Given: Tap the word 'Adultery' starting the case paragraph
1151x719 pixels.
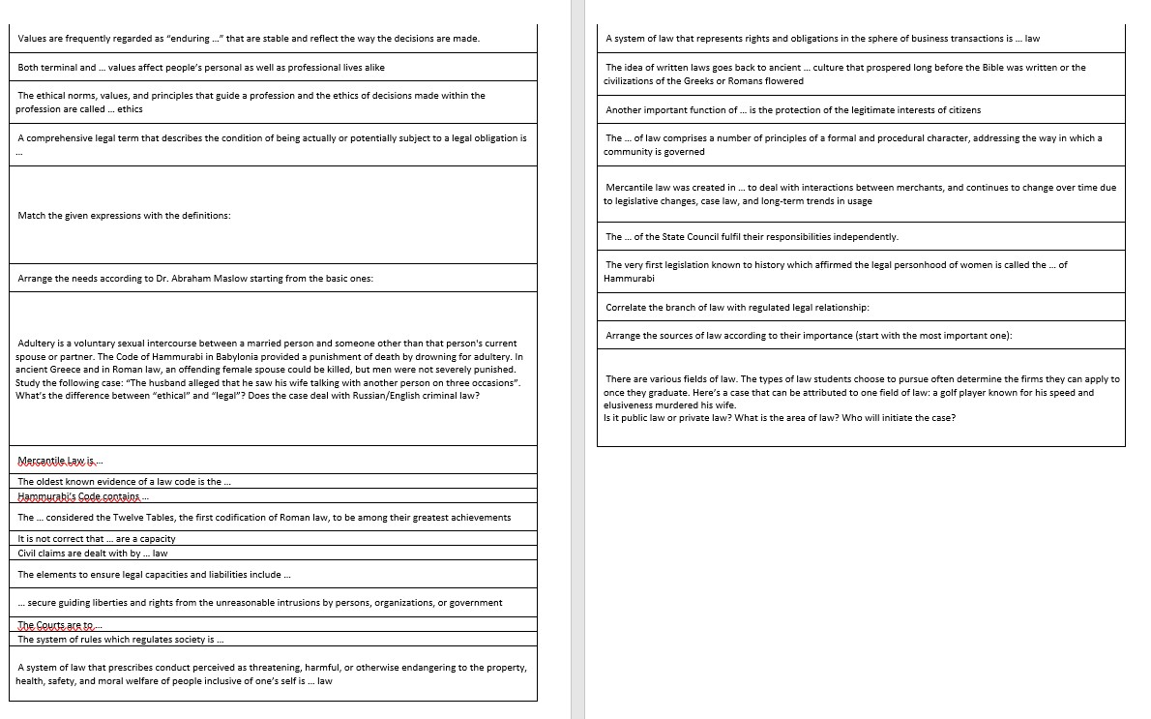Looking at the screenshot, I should tap(37, 344).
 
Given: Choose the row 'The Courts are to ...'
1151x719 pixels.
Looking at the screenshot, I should tap(58, 625).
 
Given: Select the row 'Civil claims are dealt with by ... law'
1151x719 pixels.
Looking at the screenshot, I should tap(93, 554).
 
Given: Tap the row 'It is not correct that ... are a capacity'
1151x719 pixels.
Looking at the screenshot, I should tap(97, 539).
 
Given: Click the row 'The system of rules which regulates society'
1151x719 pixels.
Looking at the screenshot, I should tap(121, 640).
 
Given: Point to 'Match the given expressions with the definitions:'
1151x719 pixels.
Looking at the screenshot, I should tap(124, 215).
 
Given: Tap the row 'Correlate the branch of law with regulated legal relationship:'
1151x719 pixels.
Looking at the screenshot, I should tap(737, 308).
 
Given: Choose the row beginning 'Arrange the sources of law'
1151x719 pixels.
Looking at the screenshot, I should tap(809, 336).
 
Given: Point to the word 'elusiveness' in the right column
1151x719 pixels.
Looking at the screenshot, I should tap(628, 404).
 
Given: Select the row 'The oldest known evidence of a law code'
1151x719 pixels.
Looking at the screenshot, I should tap(124, 481).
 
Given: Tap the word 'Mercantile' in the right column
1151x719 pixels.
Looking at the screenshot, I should tap(630, 188).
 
